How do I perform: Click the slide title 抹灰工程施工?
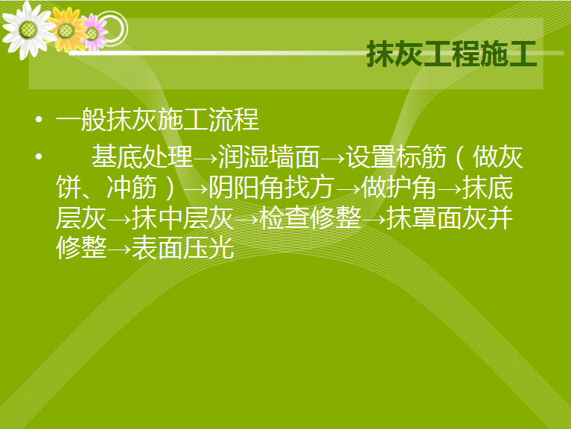tap(452, 54)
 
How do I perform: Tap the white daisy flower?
tap(28, 30)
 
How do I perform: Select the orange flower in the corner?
tap(67, 31)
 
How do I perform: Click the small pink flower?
tap(93, 33)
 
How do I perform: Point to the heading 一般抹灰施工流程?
tap(157, 119)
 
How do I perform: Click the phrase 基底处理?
tap(142, 157)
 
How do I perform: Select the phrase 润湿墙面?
tap(269, 157)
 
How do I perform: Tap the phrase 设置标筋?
tap(396, 157)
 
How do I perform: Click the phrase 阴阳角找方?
tap(271, 188)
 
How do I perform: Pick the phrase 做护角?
tap(399, 188)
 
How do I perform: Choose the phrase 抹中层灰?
tap(182, 218)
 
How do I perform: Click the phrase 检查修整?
tap(310, 218)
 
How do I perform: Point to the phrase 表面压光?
tap(182, 248)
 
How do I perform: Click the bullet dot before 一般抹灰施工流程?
tap(39, 119)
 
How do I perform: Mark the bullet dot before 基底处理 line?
tap(39, 157)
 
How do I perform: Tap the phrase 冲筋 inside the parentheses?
tap(132, 188)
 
